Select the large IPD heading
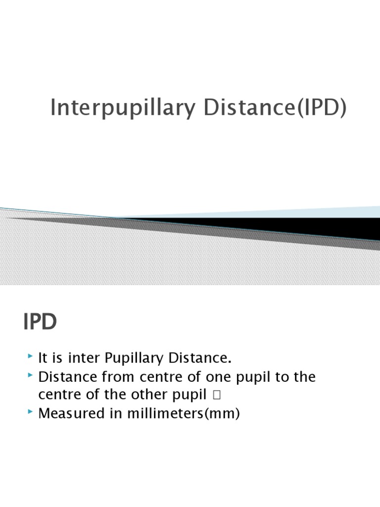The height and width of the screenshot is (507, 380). coord(40,322)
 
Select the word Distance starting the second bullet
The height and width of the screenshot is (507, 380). coord(67,377)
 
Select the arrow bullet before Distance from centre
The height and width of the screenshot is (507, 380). coord(31,376)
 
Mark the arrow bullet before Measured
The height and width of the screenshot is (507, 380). coord(31,412)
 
